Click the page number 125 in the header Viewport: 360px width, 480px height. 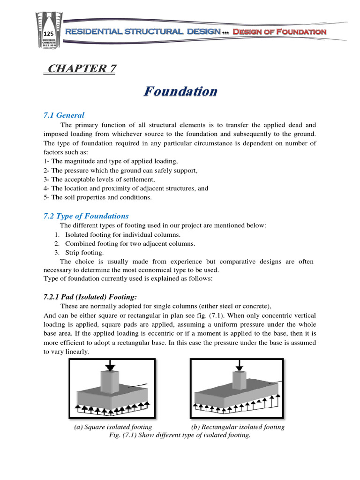coord(48,34)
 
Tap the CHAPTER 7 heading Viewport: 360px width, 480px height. coord(80,69)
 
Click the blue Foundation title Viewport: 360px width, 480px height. coord(180,91)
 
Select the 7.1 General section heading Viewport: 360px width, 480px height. coord(64,115)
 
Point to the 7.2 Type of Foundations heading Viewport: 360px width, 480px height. coord(86,216)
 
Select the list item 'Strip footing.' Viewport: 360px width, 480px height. coord(84,252)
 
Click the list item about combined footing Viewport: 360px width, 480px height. coord(124,243)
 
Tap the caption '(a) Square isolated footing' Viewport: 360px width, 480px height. coord(113,427)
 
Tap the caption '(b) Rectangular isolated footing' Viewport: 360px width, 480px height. coord(238,427)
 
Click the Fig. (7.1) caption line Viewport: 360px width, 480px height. coord(180,435)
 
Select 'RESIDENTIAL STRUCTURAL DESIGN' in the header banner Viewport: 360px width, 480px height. coord(143,32)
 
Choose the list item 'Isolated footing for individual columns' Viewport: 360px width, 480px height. coord(122,234)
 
